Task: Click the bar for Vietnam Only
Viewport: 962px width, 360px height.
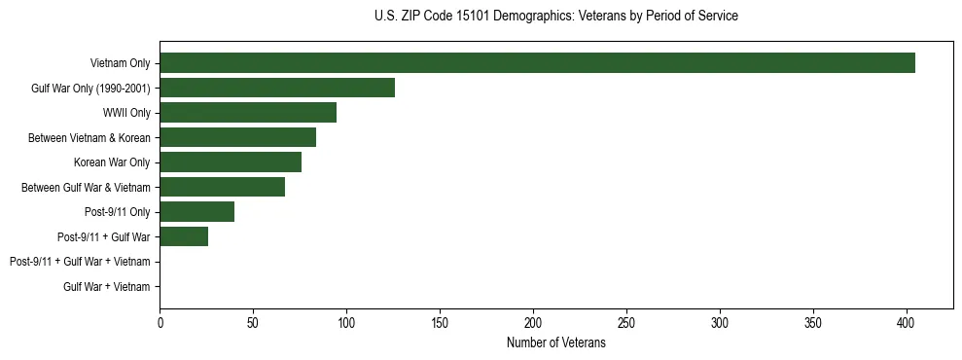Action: (537, 63)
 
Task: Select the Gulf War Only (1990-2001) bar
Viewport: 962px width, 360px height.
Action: (277, 88)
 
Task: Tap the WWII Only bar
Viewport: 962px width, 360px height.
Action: (248, 113)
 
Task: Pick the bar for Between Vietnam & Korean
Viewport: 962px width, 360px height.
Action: (237, 137)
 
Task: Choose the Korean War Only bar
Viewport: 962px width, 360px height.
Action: (231, 162)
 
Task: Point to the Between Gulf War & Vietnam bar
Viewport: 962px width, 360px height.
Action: (222, 187)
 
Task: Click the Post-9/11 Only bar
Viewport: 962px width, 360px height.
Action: (196, 212)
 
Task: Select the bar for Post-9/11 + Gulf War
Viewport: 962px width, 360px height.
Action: (184, 236)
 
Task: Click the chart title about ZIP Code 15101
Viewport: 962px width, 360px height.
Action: (555, 17)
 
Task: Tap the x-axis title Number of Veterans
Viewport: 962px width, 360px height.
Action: (555, 343)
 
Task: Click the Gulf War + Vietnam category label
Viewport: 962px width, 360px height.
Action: (106, 286)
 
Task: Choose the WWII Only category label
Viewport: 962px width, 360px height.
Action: (125, 113)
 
